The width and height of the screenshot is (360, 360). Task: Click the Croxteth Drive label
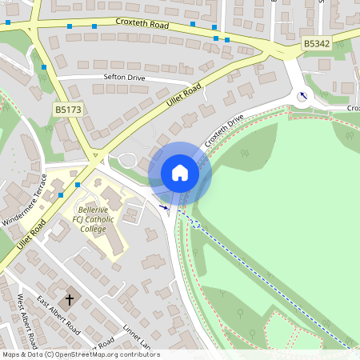223,129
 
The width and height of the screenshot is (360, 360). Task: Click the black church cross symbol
69,300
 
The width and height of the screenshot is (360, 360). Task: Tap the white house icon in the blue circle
180,173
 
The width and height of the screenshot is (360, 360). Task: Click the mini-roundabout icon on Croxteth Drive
302,97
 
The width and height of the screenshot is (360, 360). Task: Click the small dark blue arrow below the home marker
165,207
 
